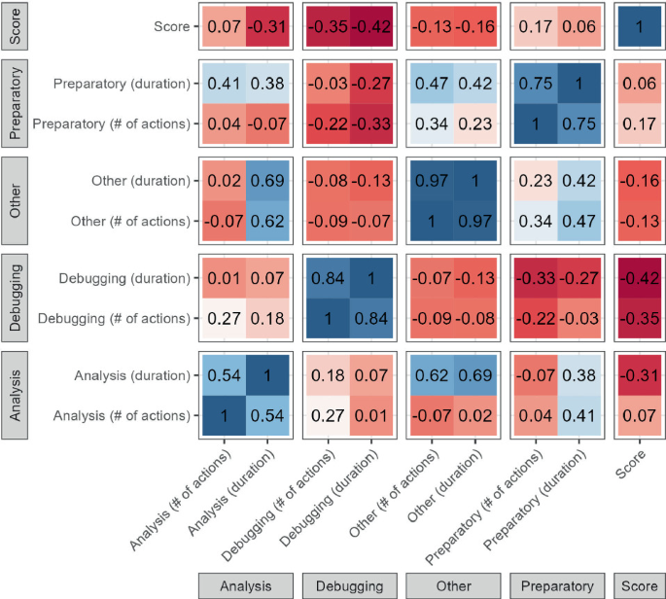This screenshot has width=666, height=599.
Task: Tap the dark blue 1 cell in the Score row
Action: click(x=638, y=27)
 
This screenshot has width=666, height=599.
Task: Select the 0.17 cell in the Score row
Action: click(x=535, y=27)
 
